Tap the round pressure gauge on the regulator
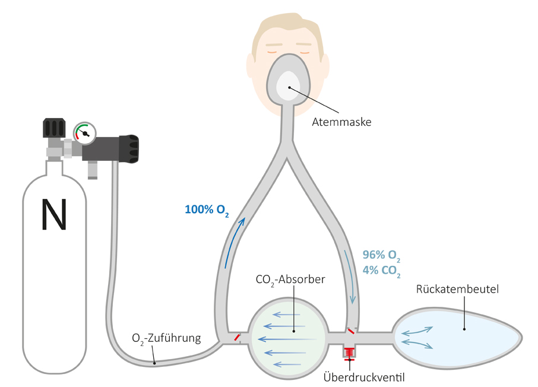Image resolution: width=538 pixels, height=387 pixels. (x=85, y=134)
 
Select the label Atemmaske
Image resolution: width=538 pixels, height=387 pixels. (x=341, y=123)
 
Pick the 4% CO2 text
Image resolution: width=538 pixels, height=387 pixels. (x=381, y=274)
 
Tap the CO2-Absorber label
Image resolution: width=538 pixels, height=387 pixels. (x=290, y=279)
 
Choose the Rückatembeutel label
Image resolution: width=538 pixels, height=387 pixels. (x=457, y=290)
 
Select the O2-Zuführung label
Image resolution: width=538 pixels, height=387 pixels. (x=167, y=339)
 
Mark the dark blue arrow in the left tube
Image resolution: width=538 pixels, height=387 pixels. (x=234, y=243)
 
